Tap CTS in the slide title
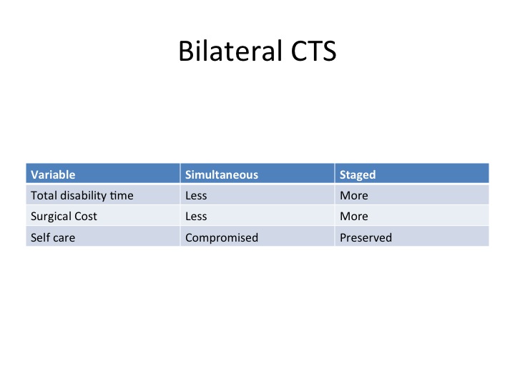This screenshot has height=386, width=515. click(314, 51)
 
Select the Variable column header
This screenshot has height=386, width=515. click(53, 174)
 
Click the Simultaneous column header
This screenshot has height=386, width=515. click(222, 174)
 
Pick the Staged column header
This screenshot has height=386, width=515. click(358, 175)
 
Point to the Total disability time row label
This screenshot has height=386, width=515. click(82, 196)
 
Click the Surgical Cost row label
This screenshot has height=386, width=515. click(64, 217)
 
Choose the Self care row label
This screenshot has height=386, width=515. click(53, 237)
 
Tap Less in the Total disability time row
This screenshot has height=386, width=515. click(196, 196)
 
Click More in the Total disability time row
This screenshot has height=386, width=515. click(354, 196)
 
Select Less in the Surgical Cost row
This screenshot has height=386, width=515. click(196, 217)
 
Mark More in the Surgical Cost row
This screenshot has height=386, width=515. click(354, 217)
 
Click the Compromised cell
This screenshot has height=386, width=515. click(222, 237)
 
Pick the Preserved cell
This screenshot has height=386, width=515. click(366, 237)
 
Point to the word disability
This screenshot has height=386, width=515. click(83, 196)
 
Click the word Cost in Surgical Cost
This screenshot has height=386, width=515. click(86, 217)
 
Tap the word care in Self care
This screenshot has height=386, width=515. click(64, 237)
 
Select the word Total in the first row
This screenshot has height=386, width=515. click(44, 196)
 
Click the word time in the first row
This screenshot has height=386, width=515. click(122, 196)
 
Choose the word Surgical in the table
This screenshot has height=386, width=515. click(51, 217)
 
